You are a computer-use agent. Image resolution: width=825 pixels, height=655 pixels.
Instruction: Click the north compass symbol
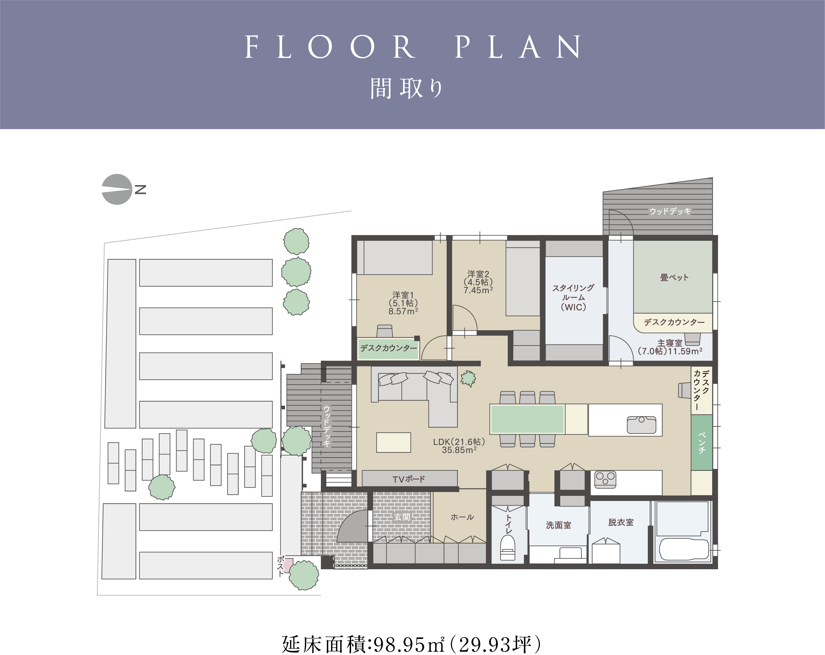(x=117, y=189)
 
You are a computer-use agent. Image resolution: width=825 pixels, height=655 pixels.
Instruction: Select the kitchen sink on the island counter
(x=641, y=425)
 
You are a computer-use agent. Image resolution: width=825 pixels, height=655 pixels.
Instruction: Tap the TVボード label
(x=409, y=479)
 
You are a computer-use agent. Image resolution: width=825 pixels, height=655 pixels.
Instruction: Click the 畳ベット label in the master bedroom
(x=674, y=277)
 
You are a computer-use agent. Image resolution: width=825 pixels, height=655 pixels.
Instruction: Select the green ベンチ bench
(x=701, y=442)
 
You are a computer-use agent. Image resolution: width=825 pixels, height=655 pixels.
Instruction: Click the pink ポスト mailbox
(x=288, y=565)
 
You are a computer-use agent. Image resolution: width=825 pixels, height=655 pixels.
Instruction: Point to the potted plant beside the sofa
(x=468, y=379)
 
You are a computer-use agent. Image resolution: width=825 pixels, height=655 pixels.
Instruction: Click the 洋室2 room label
(x=478, y=274)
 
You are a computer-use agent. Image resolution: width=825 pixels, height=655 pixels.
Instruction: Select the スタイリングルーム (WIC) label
(x=573, y=297)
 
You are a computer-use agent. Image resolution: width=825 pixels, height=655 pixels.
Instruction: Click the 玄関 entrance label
(x=402, y=517)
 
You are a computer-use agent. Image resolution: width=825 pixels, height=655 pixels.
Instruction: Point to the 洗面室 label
(x=558, y=525)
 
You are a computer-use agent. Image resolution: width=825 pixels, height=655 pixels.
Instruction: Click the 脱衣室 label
(x=621, y=522)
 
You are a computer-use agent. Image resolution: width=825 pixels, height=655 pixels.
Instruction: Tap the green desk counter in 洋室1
(x=388, y=349)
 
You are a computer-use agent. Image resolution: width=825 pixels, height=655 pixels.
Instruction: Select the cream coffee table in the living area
(x=393, y=442)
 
